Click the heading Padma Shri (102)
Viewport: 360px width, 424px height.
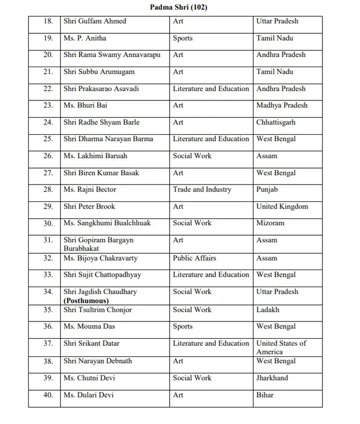coord(178,8)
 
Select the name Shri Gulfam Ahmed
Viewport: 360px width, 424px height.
coord(94,21)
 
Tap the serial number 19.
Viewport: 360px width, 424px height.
coord(48,38)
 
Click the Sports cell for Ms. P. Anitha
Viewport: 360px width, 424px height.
coord(183,38)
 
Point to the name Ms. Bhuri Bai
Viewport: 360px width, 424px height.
coord(85,105)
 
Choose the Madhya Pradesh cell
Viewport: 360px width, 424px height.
coord(281,105)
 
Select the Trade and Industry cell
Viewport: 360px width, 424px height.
coord(202,189)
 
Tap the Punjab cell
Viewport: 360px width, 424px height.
coord(267,189)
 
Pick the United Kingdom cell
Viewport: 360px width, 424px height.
coord(282,206)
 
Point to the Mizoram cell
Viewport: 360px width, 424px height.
coord(270,223)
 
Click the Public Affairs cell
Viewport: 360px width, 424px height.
coord(194,258)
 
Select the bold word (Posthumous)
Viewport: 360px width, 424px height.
coord(86,301)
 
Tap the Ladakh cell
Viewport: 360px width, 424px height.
coord(267,310)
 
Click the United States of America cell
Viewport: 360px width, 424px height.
coord(281,348)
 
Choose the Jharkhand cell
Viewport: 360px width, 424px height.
coord(272,378)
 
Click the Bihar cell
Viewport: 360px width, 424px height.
coord(265,395)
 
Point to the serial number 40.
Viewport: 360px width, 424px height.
coord(48,395)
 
